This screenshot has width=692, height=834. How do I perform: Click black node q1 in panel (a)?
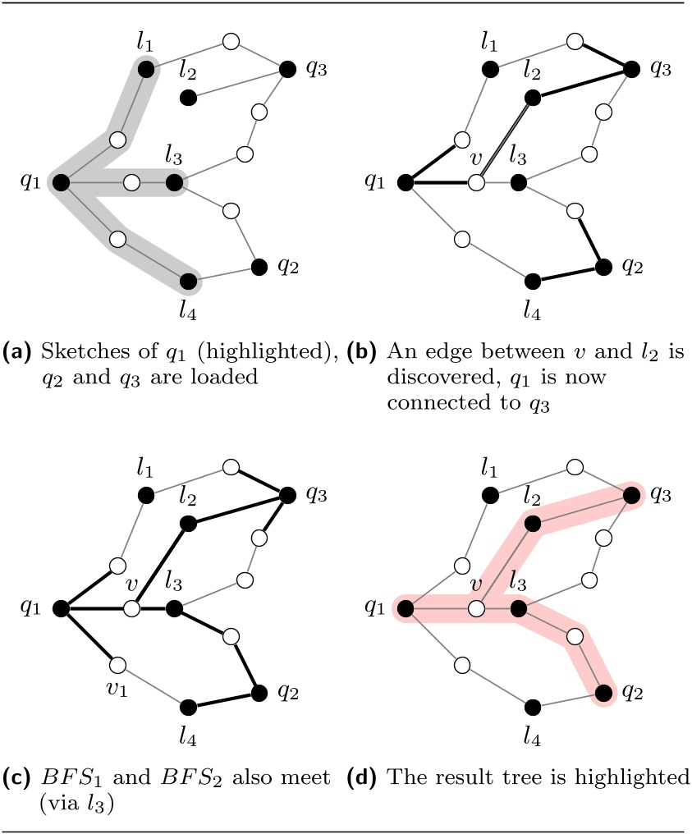[x=61, y=182]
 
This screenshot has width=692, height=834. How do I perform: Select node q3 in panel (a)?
[x=287, y=70]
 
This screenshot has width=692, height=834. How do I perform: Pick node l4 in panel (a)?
[x=188, y=282]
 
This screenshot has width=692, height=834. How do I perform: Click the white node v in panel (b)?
[x=475, y=182]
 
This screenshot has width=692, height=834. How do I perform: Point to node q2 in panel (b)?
[x=603, y=266]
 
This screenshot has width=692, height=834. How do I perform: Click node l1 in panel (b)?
[x=490, y=70]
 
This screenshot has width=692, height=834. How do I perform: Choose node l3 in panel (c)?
[x=173, y=608]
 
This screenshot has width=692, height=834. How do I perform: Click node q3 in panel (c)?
[x=287, y=495]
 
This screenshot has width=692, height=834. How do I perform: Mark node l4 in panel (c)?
[x=188, y=707]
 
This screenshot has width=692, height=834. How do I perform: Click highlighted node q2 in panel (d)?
[x=603, y=693]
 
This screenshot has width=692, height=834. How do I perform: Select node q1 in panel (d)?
[x=405, y=608]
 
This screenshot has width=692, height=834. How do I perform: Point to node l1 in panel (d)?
[x=490, y=495]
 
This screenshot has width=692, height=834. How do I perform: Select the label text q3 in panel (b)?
[x=658, y=69]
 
